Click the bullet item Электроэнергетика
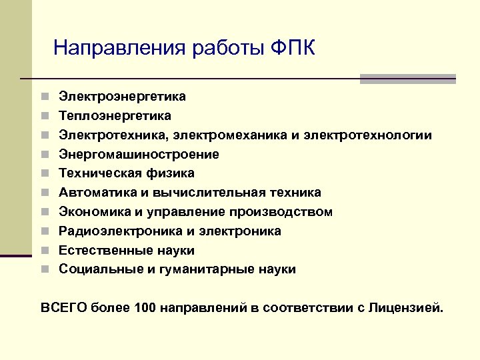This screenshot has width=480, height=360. coord(122,97)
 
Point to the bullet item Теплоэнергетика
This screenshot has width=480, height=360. coord(115,116)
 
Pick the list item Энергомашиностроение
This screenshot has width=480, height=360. coord(139,155)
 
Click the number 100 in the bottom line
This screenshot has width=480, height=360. coord(145,307)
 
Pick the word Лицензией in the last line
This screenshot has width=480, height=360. coord(407,307)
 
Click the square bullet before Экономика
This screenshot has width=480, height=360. coord(44,212)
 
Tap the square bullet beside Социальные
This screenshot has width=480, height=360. coord(44,270)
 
